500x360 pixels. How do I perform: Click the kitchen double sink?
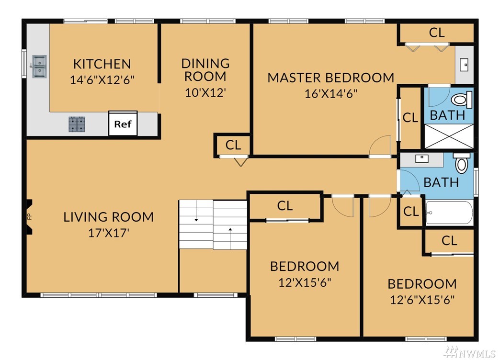(x=40, y=67)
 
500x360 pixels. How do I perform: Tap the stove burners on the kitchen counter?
(x=77, y=124)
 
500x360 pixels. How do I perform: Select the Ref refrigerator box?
(x=123, y=124)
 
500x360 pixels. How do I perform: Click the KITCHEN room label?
(x=102, y=64)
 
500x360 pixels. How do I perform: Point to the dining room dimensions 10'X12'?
(x=205, y=93)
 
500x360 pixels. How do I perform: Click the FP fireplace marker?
(x=29, y=217)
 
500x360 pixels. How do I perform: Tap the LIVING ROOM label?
(x=108, y=217)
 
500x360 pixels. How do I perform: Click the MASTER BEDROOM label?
(x=330, y=78)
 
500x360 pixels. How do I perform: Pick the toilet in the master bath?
(x=462, y=100)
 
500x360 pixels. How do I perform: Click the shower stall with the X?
(x=449, y=136)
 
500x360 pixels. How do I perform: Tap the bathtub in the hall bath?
(x=449, y=213)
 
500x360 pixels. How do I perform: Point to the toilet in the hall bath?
(x=461, y=163)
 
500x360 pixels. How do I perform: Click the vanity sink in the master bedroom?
(x=464, y=65)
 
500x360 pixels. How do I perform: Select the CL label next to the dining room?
(x=233, y=145)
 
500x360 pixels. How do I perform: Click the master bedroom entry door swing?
(x=380, y=146)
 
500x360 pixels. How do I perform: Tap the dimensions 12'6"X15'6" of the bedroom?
(x=422, y=300)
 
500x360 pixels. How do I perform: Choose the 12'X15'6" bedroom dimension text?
(x=305, y=282)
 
